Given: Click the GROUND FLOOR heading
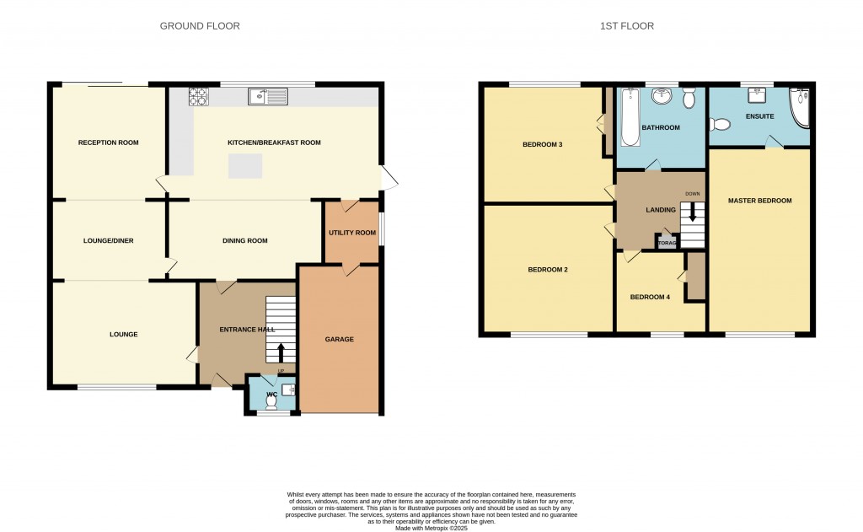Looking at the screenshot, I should point(200,26).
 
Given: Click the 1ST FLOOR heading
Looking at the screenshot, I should point(626,26).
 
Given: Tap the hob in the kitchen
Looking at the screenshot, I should point(199,97).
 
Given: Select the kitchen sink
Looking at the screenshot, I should point(268,97).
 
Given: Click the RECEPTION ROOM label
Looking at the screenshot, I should point(108,142).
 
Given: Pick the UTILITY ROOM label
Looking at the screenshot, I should point(352,233).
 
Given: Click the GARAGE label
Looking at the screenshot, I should point(340,339).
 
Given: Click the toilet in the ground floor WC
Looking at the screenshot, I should point(271,400).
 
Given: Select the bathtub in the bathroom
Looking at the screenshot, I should point(628,118).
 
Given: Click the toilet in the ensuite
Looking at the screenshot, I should point(718,125).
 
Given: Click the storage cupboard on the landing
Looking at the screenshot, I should point(667,243).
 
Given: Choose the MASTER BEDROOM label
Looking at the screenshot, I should point(759,201).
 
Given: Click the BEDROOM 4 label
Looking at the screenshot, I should point(651,297).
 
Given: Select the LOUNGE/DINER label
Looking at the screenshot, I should point(108,241).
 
